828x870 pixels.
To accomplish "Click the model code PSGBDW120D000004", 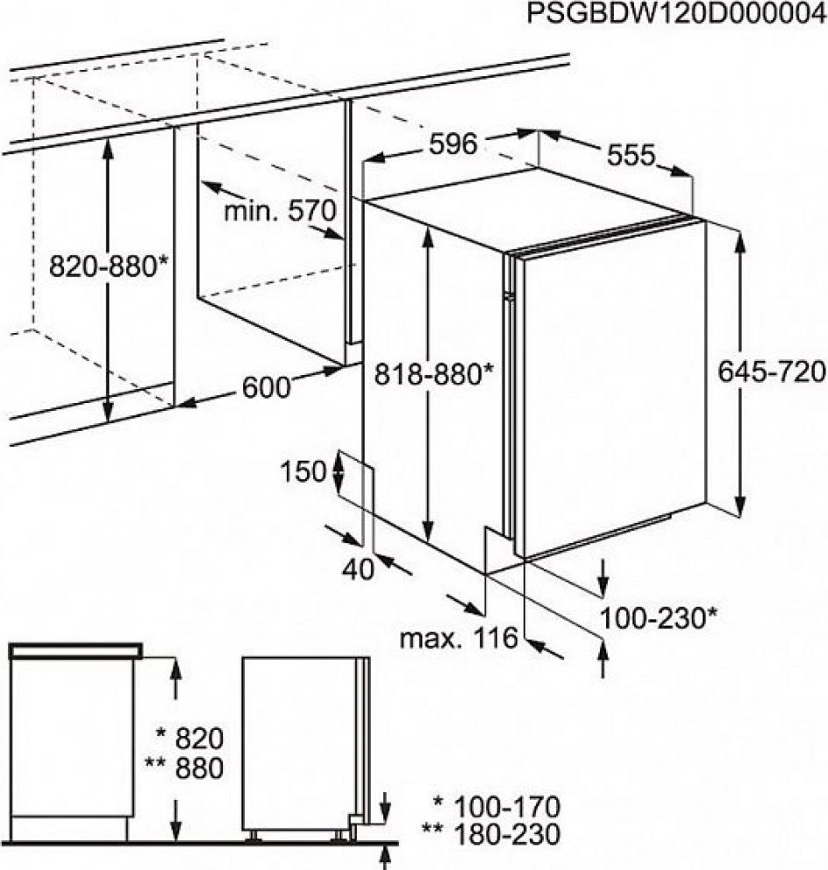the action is [x=676, y=14].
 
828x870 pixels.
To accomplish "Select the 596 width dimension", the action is [x=453, y=145].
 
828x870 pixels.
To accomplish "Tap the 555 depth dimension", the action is [x=632, y=155].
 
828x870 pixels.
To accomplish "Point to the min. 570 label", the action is [x=280, y=211].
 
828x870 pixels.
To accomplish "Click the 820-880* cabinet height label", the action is [x=108, y=266].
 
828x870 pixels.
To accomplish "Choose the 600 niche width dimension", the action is [x=266, y=387].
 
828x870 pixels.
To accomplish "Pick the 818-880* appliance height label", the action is [x=433, y=373].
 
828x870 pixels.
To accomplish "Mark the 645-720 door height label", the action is [x=772, y=371].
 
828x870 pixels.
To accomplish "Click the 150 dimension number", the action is [x=303, y=472].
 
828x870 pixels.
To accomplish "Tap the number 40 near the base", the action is [x=358, y=569].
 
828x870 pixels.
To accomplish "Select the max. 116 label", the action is [x=459, y=638].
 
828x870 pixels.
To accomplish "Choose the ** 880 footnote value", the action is [x=184, y=768].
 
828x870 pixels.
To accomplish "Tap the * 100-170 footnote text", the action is [x=496, y=807].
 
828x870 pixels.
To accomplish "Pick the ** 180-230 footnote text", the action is [x=491, y=834].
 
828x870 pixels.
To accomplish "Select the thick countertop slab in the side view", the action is [x=75, y=650].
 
